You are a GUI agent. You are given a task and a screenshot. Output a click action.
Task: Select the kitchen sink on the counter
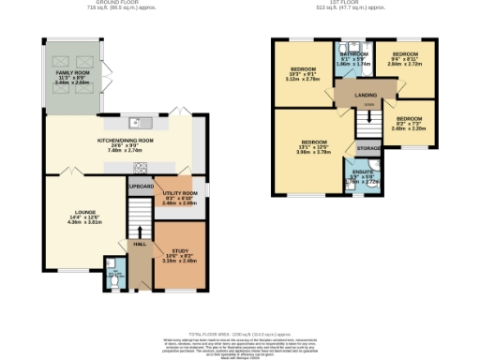(x=137, y=121)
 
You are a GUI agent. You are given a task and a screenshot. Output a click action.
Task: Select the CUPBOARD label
(x=140, y=187)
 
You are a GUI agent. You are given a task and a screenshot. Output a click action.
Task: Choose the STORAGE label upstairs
(x=368, y=148)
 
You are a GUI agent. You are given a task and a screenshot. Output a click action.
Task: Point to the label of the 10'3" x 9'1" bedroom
(x=303, y=70)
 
